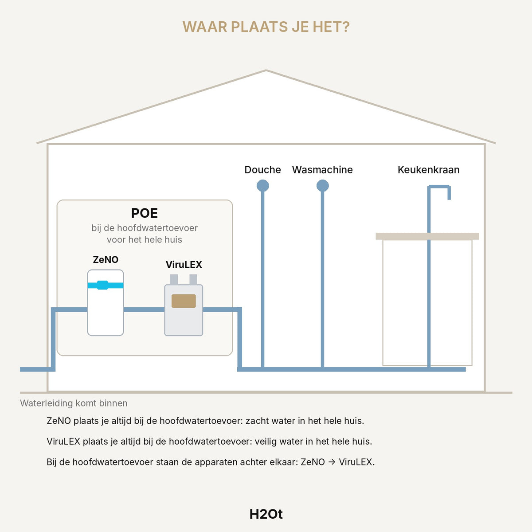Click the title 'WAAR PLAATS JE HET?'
point(266,27)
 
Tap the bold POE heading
point(145,213)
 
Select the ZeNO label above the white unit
point(106,259)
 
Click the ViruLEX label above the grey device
point(184,265)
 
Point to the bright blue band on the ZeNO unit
point(106,285)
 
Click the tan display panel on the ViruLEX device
point(184,301)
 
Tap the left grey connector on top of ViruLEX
point(174,279)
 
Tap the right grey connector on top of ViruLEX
point(193,279)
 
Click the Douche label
point(262,170)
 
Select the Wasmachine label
point(322,170)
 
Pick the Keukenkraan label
point(428,170)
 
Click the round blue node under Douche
point(262,185)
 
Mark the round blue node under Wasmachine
point(322,185)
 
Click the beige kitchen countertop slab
point(427,236)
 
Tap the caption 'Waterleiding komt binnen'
point(74,403)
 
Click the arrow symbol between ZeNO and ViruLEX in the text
point(332,462)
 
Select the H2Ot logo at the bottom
point(266,514)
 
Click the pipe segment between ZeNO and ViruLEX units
point(144,309)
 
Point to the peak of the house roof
point(266,70)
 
